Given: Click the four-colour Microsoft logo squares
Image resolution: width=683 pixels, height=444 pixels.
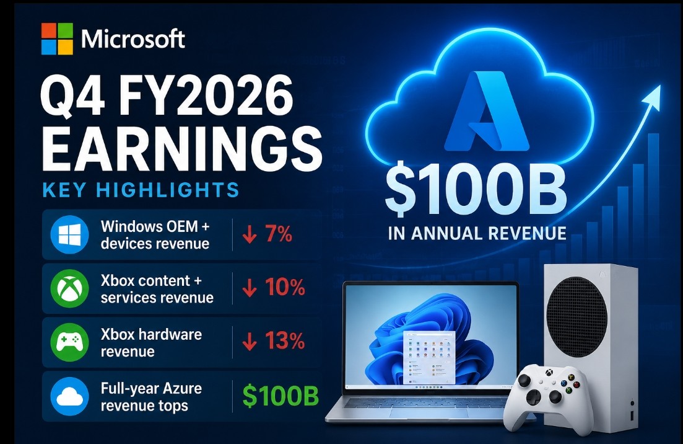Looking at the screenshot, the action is coord(57,39).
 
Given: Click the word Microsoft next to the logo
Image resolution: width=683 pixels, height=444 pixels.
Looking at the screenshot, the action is coord(133,39).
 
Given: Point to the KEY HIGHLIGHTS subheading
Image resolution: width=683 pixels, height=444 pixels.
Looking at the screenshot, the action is coord(141,190).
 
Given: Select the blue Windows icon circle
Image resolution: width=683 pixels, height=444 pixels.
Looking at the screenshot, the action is coord(70,234).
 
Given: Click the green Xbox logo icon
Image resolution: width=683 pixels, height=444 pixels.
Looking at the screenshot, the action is coord(70,288).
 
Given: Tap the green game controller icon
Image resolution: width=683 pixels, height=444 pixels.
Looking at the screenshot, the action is coord(70,342).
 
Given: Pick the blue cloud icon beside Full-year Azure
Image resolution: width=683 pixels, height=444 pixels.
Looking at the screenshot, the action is coord(70,396).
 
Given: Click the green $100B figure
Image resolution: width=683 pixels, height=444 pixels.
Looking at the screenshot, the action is coord(281,396).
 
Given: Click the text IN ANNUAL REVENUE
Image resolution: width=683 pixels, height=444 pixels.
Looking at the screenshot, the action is coord(477,233).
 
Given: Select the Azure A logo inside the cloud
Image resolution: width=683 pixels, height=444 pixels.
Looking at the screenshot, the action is coord(486,111).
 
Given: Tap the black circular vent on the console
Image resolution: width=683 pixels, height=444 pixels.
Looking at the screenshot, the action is coord(576,317).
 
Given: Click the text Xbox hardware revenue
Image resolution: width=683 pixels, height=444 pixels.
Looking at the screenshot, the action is coord(151,343).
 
